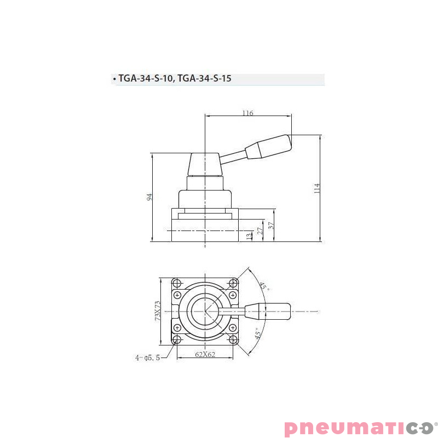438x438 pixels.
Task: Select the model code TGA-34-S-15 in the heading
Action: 204,79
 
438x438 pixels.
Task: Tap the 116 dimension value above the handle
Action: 247,113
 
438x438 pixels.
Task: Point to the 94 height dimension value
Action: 149,197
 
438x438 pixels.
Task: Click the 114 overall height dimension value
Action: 316,188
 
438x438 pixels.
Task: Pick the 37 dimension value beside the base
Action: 270,225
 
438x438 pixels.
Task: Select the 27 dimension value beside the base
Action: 261,230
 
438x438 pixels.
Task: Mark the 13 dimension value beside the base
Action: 250,236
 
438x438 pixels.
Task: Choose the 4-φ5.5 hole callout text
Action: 148,358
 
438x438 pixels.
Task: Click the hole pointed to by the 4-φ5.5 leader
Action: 177,340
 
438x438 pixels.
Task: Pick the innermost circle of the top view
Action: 205,311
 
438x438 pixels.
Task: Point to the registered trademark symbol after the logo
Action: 436,423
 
